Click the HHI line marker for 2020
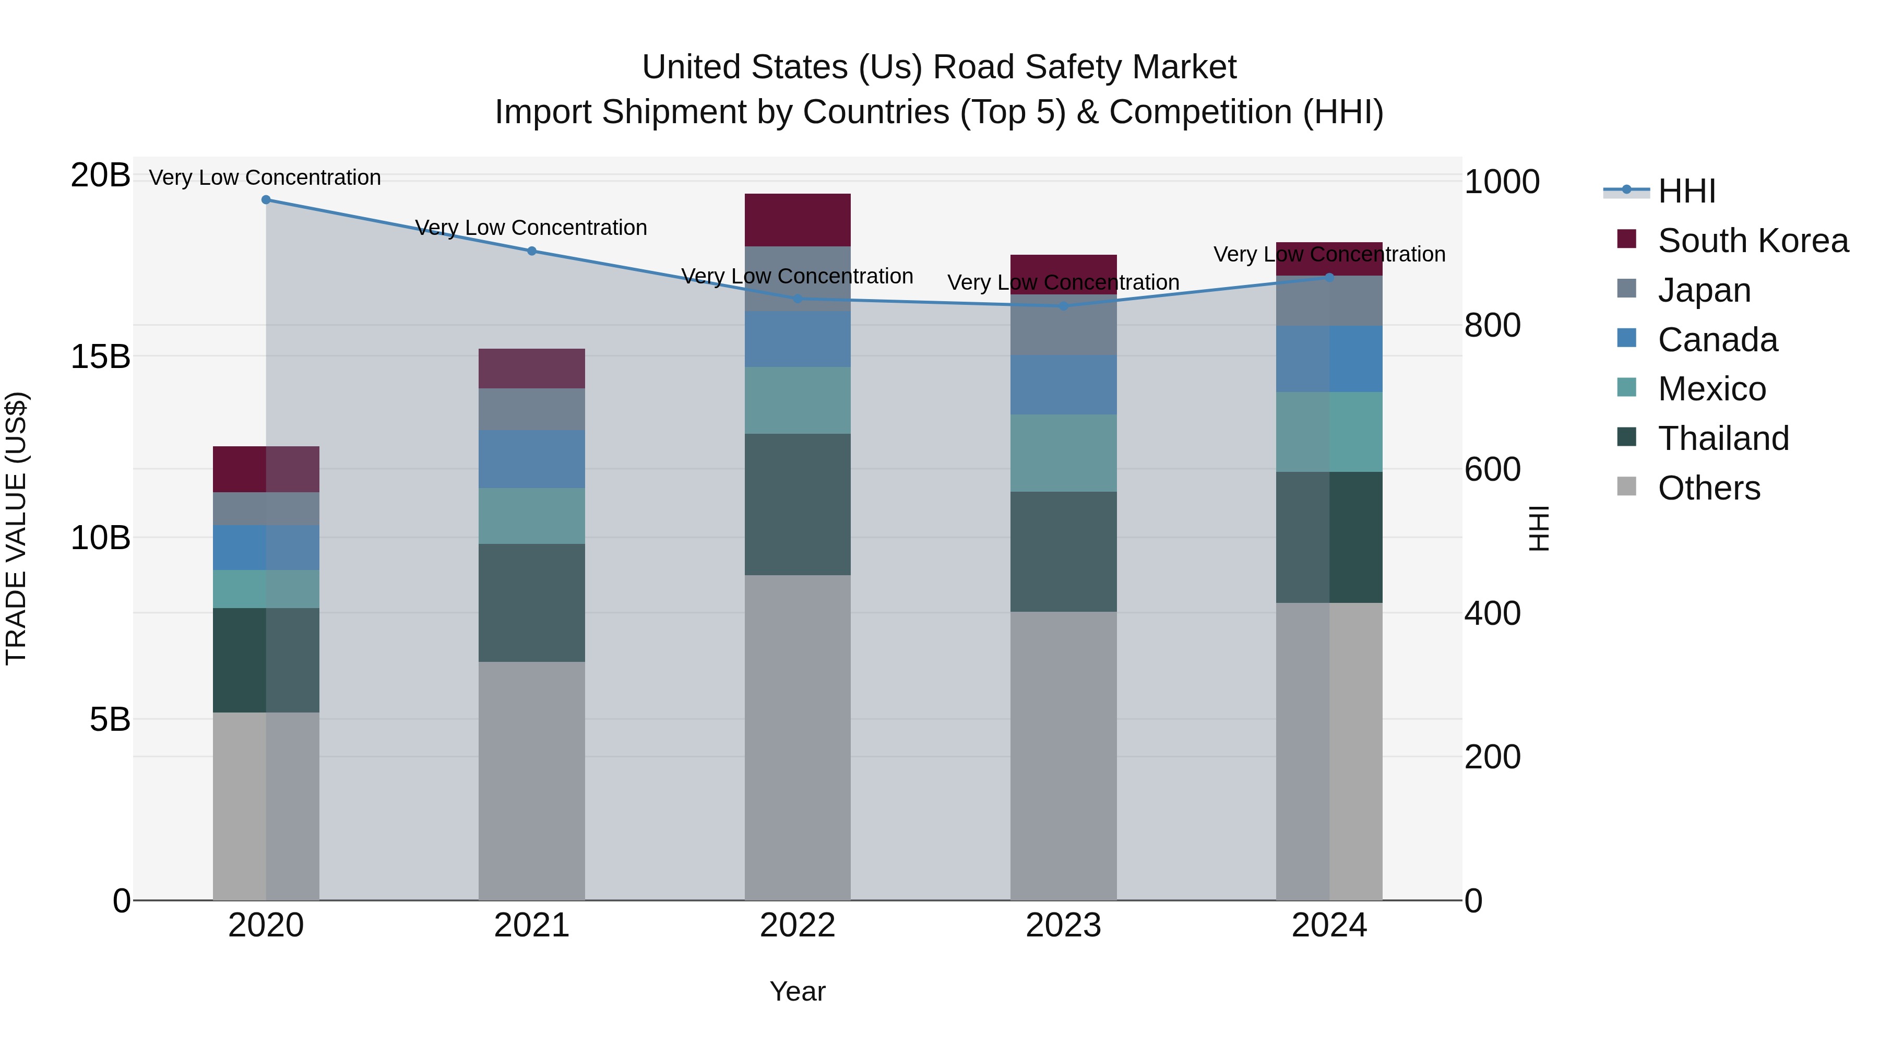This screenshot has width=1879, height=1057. pos(266,200)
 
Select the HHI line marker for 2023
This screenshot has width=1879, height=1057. pos(1063,306)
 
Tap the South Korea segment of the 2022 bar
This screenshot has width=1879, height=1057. pos(797,220)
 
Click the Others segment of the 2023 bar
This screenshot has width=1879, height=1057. pos(1063,756)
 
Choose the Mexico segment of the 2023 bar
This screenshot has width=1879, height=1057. pos(1063,453)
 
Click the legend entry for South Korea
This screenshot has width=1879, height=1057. pos(1753,241)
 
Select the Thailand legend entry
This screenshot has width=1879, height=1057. pos(1723,438)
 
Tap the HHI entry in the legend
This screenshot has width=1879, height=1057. pos(1686,191)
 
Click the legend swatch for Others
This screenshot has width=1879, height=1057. pos(1626,486)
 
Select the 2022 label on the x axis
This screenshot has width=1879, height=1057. pos(797,925)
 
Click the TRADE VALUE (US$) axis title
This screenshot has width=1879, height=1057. pos(16,528)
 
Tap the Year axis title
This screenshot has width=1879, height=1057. pos(797,991)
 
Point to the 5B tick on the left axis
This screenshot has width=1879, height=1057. pos(110,720)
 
